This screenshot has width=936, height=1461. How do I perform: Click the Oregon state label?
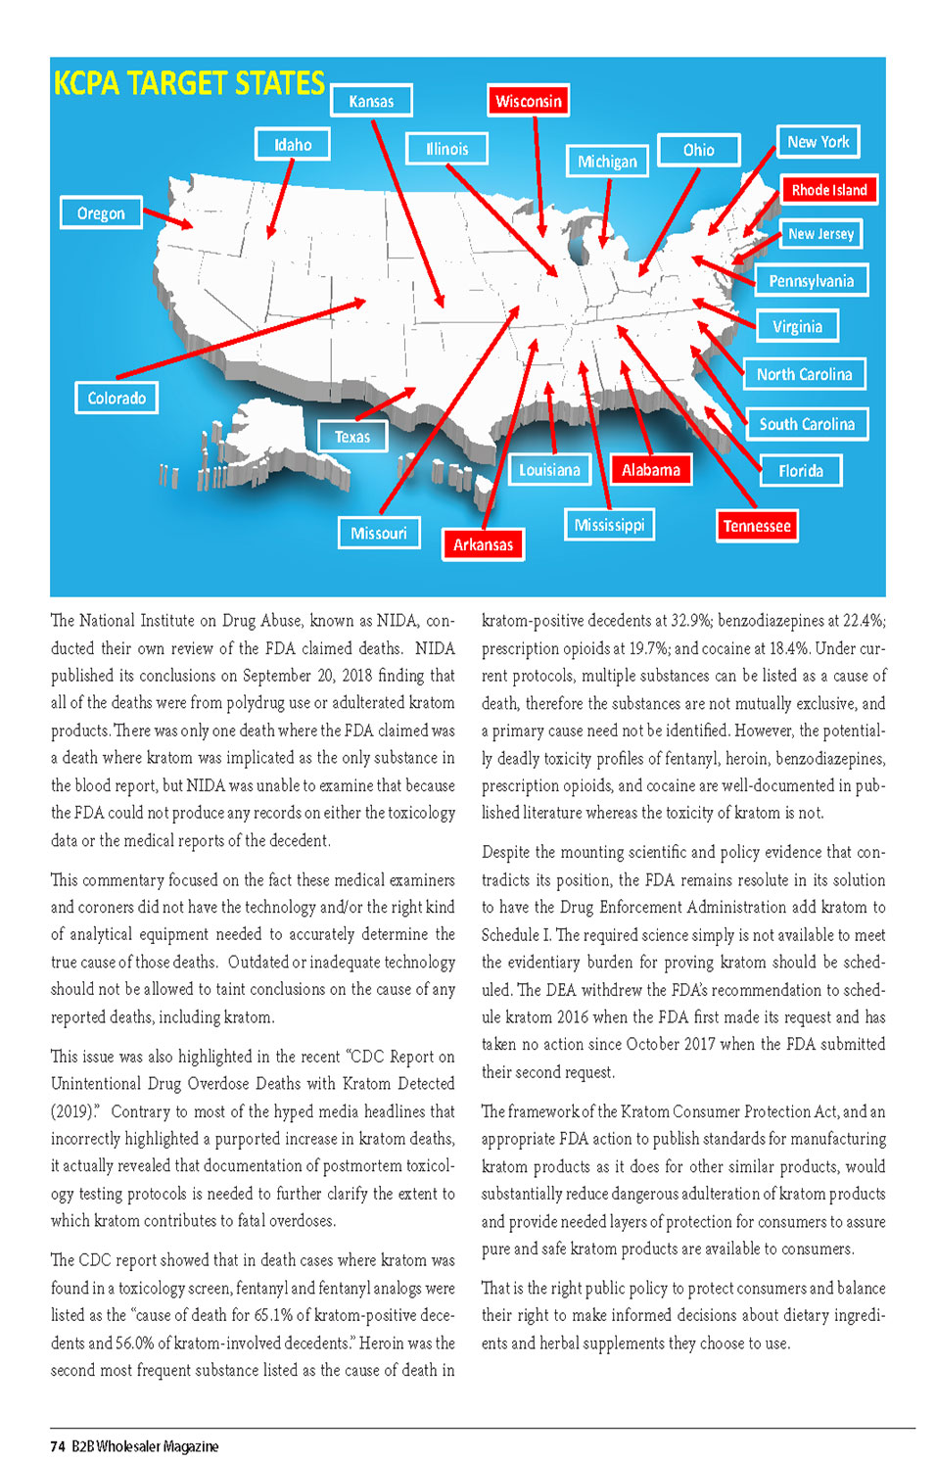point(101,213)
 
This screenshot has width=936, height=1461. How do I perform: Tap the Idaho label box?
point(293,145)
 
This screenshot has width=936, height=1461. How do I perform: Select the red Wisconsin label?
point(528,101)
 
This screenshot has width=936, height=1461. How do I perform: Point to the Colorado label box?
point(117,398)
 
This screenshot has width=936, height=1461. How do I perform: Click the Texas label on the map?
point(352,437)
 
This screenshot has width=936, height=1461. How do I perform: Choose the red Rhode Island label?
point(828,190)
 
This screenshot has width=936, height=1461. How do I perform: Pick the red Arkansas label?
point(483,544)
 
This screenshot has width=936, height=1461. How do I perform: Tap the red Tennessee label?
point(757,526)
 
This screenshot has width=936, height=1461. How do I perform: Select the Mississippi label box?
point(609,525)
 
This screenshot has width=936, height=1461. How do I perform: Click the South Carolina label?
point(807,424)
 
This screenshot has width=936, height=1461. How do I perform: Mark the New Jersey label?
point(820,234)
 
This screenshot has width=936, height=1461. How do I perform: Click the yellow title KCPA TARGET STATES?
point(189,83)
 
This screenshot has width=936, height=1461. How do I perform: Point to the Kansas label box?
point(371,101)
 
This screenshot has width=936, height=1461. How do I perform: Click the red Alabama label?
point(650,470)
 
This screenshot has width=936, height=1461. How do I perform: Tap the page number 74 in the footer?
point(58,1446)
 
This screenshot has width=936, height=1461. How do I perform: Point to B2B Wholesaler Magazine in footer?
point(145,1446)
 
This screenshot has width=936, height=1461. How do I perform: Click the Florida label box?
point(801,471)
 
